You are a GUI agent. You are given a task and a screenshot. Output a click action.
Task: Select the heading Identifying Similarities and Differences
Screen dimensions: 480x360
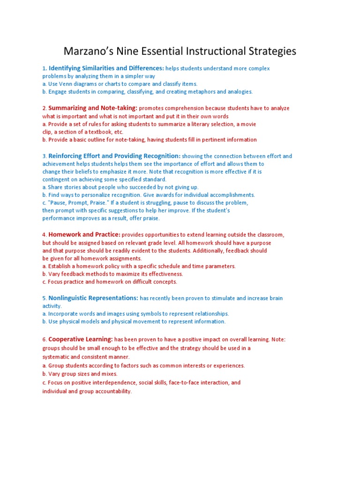[106, 68]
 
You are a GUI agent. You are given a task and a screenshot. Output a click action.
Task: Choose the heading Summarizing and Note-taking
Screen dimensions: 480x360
[93, 108]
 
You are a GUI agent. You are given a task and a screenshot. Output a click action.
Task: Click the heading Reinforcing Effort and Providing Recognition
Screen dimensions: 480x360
[114, 156]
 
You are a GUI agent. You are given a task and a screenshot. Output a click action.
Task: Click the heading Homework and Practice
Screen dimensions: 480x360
[84, 234]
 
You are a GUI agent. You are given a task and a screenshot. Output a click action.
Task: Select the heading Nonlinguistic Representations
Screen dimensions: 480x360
[93, 298]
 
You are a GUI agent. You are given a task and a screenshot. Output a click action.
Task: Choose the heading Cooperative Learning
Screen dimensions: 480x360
[81, 339]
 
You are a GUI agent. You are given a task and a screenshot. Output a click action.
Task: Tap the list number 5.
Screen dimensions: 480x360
[44, 299]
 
